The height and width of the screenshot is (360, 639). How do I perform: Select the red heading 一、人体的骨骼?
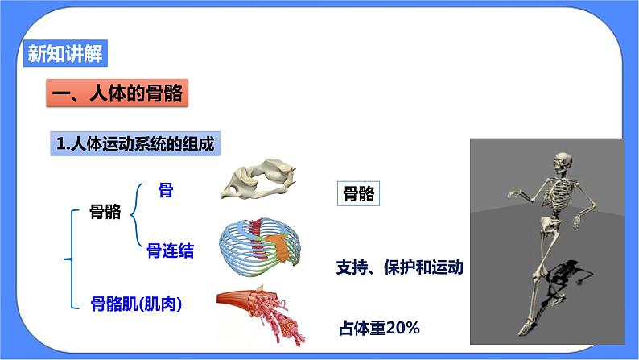tap(117, 95)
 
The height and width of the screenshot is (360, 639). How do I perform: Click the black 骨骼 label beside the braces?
tap(107, 211)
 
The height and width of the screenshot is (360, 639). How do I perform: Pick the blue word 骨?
tap(166, 190)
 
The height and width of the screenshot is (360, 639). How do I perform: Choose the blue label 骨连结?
tap(170, 251)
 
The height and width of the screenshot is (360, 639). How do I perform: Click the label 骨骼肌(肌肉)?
tap(137, 304)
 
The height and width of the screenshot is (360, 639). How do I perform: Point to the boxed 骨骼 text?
tap(357, 194)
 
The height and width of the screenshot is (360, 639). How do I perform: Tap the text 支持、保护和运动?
tap(399, 267)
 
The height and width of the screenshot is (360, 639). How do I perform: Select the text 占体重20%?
tap(381, 328)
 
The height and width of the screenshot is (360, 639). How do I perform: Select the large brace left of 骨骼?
tap(68, 259)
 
